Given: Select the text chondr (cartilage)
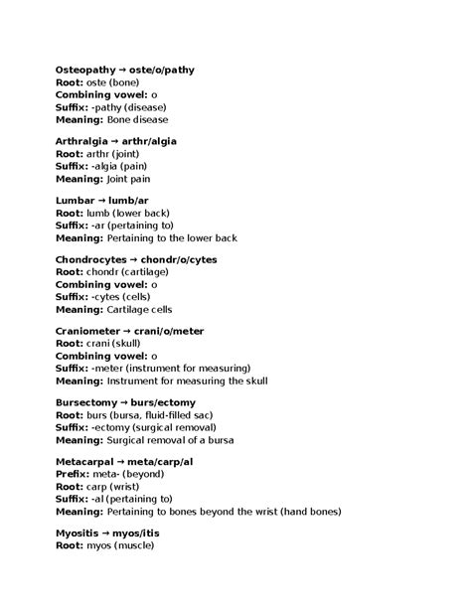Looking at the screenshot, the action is (x=126, y=272).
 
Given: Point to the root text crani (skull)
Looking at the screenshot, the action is (x=118, y=345).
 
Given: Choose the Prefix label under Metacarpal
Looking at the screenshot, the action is (x=75, y=476).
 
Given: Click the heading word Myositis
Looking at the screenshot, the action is (x=78, y=535).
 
